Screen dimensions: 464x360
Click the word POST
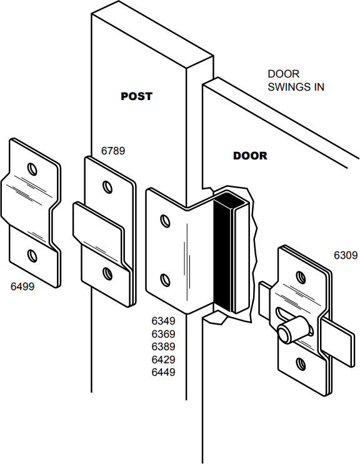[136, 96]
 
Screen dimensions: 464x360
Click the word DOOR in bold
[250, 156]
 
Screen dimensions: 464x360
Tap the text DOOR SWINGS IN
[296, 81]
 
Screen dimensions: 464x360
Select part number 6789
[113, 151]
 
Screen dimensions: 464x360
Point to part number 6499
[22, 286]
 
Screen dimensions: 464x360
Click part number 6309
[346, 255]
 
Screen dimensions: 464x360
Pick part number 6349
[163, 321]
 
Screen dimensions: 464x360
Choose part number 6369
[163, 334]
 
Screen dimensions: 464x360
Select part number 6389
[163, 346]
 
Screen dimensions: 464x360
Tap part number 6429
[163, 360]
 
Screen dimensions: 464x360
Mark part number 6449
[163, 372]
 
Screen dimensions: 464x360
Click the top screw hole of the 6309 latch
[301, 276]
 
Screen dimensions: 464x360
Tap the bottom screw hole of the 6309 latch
[300, 362]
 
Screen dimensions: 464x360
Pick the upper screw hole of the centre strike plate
[166, 221]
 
